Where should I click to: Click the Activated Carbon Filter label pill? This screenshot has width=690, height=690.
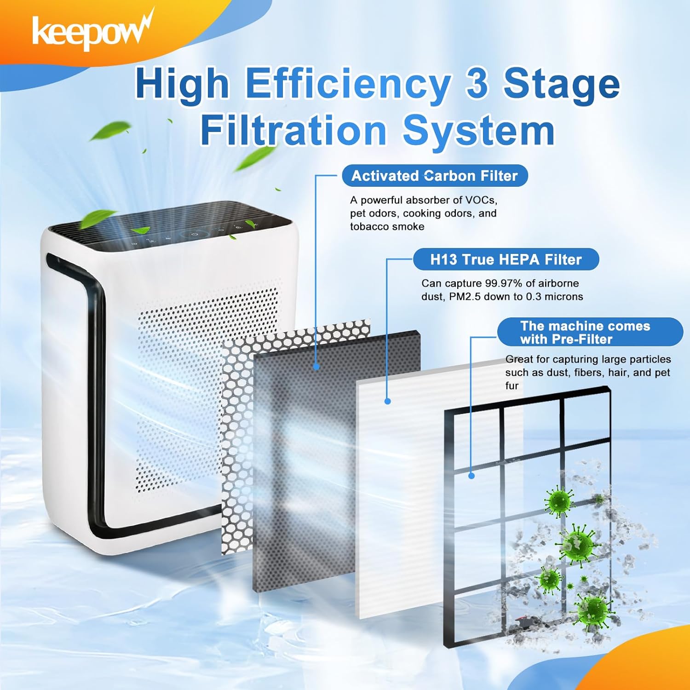click(435, 176)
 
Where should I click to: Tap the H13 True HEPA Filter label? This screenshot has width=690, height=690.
click(506, 259)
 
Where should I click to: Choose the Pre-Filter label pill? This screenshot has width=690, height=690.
click(590, 332)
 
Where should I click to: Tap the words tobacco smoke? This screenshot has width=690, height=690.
click(387, 226)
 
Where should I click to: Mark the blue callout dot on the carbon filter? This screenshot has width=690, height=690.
click(316, 367)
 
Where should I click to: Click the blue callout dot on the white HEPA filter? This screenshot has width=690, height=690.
click(387, 401)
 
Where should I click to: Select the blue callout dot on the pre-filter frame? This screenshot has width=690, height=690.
click(471, 476)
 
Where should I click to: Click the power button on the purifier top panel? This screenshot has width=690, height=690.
click(195, 234)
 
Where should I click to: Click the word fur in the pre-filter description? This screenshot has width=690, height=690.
click(512, 385)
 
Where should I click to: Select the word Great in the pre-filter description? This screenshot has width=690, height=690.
click(519, 359)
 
